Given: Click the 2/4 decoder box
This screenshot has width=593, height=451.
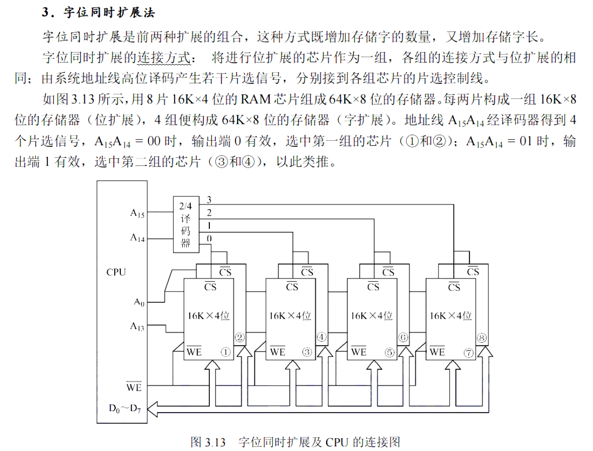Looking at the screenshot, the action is tap(186, 225).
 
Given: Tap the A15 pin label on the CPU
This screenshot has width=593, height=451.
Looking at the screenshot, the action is tap(137, 213).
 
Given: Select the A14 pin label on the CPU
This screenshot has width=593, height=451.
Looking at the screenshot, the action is tap(137, 238).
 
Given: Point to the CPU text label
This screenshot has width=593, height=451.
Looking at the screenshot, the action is tap(116, 272).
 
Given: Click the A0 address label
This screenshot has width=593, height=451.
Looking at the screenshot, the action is tap(139, 302).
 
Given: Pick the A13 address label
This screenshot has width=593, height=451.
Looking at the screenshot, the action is tap(137, 326).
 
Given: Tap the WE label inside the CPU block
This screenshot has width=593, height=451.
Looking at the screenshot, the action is tap(133, 387).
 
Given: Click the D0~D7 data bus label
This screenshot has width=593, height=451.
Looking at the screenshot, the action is tap(125, 408).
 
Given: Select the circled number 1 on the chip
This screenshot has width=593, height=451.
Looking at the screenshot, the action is tap(226, 352).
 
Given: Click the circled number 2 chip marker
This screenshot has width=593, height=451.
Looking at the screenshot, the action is tap(240, 338).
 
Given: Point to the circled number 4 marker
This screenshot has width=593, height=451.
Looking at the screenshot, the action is tap(321, 337).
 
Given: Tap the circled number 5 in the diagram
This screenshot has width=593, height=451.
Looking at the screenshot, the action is tap(389, 352).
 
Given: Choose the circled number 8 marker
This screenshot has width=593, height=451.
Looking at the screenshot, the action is tap(482, 338).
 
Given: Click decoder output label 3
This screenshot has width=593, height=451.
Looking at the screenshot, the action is tap(209, 200).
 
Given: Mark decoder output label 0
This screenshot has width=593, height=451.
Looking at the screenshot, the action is tap(209, 239).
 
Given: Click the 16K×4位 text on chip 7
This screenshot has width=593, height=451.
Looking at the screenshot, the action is tap(451, 316).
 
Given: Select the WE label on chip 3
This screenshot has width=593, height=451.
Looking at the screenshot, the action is tap(277, 351).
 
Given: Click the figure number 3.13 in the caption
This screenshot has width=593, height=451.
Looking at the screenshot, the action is tap(215, 442).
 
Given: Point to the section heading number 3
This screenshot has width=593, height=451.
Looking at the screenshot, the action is tap(45, 12).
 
